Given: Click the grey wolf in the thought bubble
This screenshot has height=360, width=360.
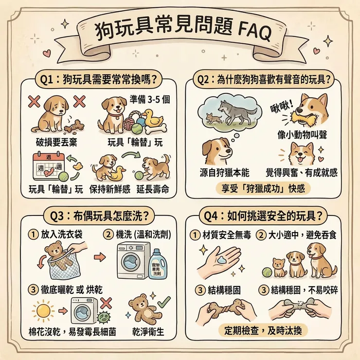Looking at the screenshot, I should (237, 111).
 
